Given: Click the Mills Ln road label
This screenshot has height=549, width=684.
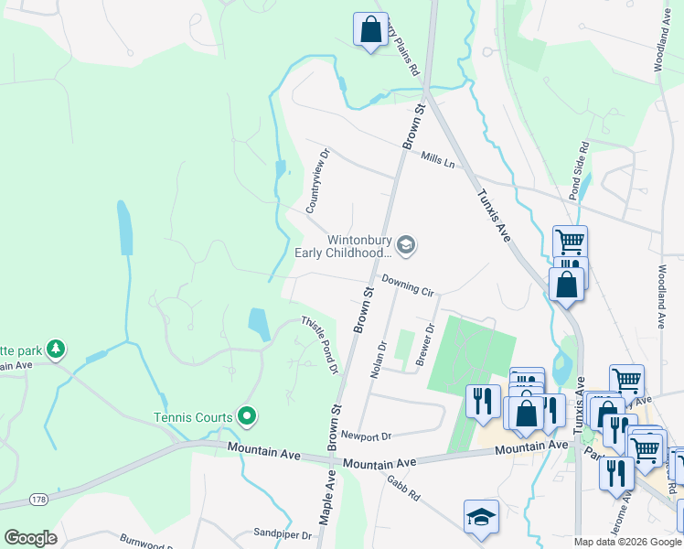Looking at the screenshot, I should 438,160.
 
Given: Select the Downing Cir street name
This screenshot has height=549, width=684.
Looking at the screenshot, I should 408,285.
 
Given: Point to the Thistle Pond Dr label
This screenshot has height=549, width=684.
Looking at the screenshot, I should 321,345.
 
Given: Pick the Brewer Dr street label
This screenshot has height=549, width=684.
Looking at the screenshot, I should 425,344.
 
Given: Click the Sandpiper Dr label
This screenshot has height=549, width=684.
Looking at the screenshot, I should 277,532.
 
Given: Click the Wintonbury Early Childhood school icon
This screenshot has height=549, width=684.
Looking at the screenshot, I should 407,244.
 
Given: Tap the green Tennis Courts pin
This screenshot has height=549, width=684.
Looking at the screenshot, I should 246,416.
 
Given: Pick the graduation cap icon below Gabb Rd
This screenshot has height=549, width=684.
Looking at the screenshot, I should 481,516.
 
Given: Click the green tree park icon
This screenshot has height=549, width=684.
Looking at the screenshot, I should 57,349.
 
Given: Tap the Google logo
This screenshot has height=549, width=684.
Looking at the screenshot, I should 30,538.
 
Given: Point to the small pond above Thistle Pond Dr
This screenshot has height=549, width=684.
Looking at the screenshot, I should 259,324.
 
